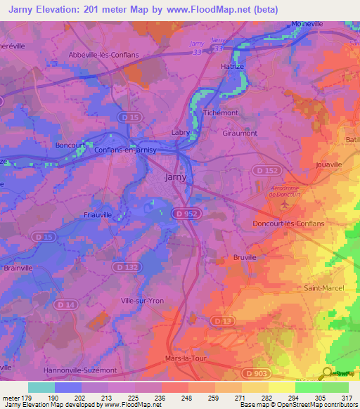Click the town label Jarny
click(x=175, y=177)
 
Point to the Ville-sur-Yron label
click(x=142, y=301)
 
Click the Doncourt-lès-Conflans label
click(x=288, y=223)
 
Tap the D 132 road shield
click(x=126, y=267)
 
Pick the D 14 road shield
click(x=66, y=304)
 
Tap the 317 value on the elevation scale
click(x=345, y=398)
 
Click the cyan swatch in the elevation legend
click(x=41, y=387)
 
